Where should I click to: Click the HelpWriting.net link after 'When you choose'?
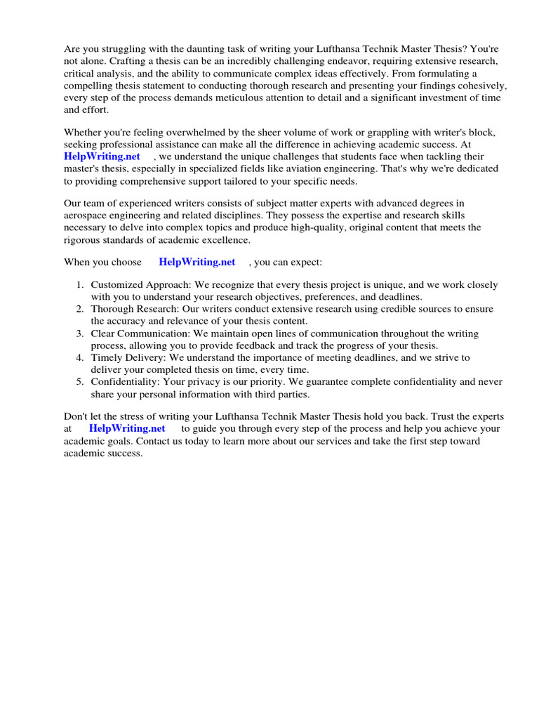pyautogui.click(x=197, y=262)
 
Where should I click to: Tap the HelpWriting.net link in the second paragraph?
pyautogui.click(x=102, y=157)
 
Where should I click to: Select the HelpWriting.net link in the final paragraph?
pyautogui.click(x=127, y=428)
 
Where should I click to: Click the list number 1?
pyautogui.click(x=80, y=285)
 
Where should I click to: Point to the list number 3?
pyautogui.click(x=80, y=334)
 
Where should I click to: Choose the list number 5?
pyautogui.click(x=80, y=382)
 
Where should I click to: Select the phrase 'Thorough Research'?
pyautogui.click(x=131, y=309)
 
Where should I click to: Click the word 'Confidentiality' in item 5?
pyautogui.click(x=123, y=382)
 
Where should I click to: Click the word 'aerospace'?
pyautogui.click(x=86, y=216)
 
